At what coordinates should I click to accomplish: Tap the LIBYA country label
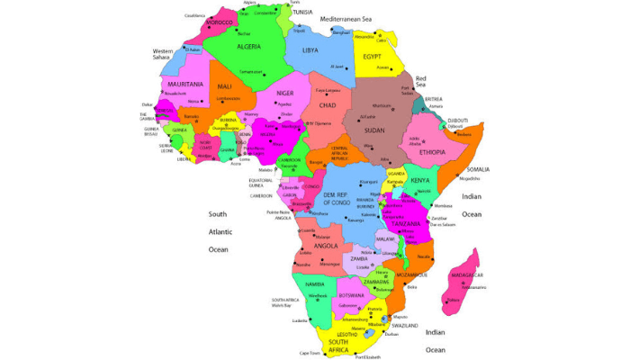[x=310, y=50]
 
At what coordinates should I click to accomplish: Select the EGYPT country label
[x=372, y=57]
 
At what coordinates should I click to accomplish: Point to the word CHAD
[x=328, y=105]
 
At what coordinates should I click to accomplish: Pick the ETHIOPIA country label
[x=421, y=152]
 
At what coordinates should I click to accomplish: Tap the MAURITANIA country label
[x=178, y=83]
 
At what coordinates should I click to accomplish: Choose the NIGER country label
[x=285, y=93]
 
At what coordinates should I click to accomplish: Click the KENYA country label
[x=419, y=181]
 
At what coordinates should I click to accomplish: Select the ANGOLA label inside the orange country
[x=326, y=246]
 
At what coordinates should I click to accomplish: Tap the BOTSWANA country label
[x=351, y=295]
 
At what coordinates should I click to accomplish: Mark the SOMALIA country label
[x=478, y=169]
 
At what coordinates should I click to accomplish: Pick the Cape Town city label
[x=310, y=353]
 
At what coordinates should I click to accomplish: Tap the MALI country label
[x=224, y=86]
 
